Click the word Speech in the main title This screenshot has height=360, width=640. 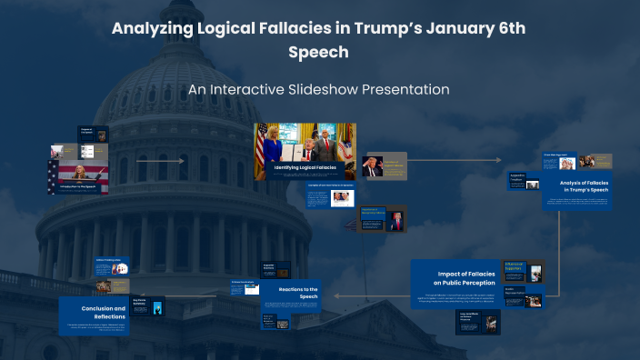click(x=318, y=53)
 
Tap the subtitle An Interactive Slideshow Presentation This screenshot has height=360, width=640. click(x=319, y=90)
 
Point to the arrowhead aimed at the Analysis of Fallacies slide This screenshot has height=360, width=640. click(x=499, y=160)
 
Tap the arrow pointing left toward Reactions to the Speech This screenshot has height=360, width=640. click(x=339, y=295)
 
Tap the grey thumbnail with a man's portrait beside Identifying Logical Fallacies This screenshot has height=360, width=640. click(x=384, y=165)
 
